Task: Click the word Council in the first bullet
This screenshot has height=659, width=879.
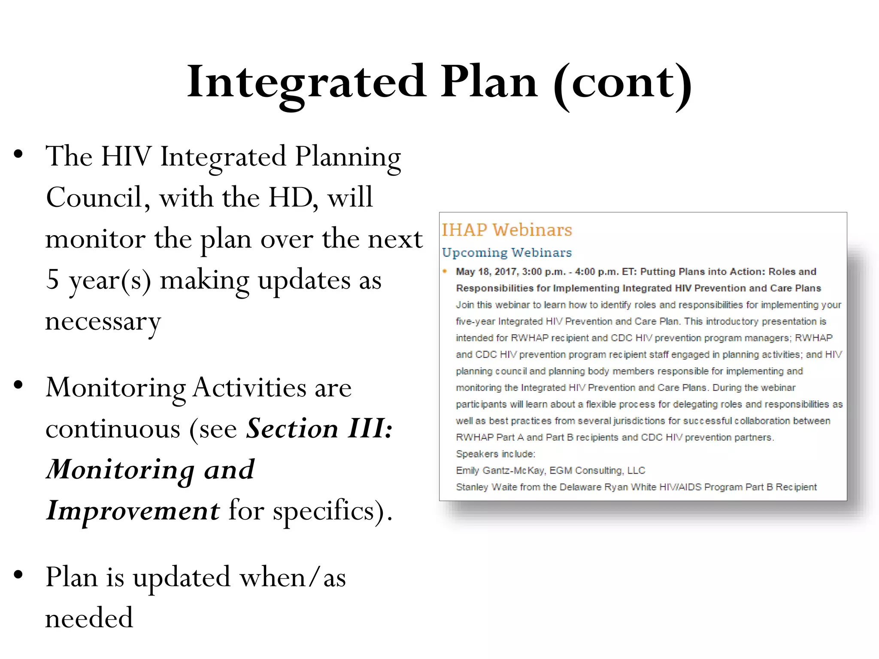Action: point(94,198)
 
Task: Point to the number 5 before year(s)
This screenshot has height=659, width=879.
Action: point(52,280)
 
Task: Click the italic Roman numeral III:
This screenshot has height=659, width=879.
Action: point(370,429)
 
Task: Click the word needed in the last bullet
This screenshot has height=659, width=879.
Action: point(89,618)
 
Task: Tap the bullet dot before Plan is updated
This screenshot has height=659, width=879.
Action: point(18,574)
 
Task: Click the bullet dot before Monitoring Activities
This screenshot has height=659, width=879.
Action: point(18,385)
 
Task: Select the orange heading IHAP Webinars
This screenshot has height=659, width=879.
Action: point(507,230)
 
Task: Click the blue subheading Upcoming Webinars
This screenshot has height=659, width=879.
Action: point(507,253)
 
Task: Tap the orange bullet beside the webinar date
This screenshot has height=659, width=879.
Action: point(445,271)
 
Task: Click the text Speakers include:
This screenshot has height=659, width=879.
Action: point(495,454)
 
